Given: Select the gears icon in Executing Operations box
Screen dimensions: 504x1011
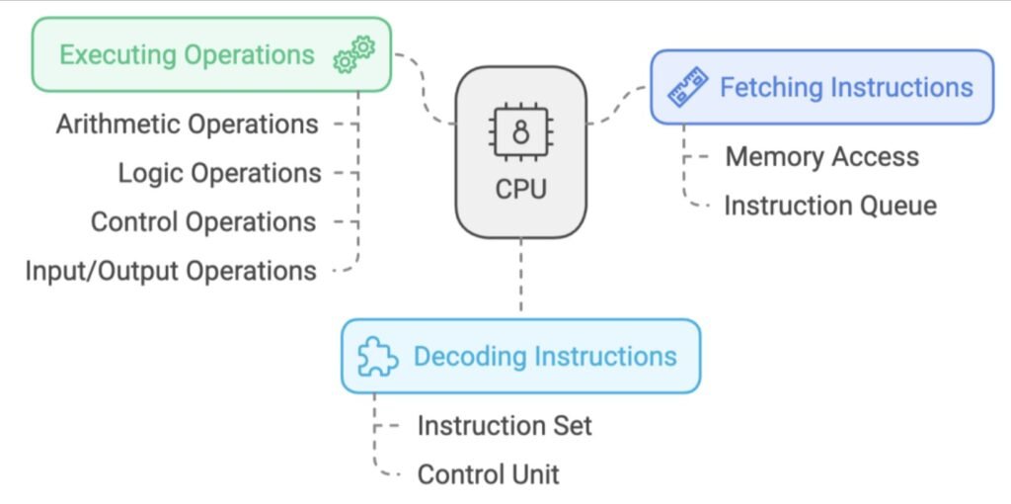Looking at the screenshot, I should [x=354, y=53].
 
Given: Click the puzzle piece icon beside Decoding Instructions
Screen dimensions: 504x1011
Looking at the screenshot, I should [x=377, y=357].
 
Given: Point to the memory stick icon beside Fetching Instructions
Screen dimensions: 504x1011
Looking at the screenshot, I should [x=689, y=87].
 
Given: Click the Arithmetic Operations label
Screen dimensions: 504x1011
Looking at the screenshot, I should [x=187, y=125].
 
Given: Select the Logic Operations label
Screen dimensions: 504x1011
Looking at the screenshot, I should [x=219, y=173].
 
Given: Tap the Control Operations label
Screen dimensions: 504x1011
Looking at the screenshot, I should [x=203, y=221].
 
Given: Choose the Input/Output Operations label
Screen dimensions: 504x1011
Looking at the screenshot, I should [x=171, y=270].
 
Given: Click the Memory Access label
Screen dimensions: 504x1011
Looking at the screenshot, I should [x=821, y=156].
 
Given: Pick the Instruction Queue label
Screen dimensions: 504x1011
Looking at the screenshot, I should [x=829, y=206].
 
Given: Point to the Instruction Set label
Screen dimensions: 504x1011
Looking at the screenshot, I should [x=505, y=426].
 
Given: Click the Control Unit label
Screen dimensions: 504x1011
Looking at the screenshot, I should [x=488, y=474].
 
